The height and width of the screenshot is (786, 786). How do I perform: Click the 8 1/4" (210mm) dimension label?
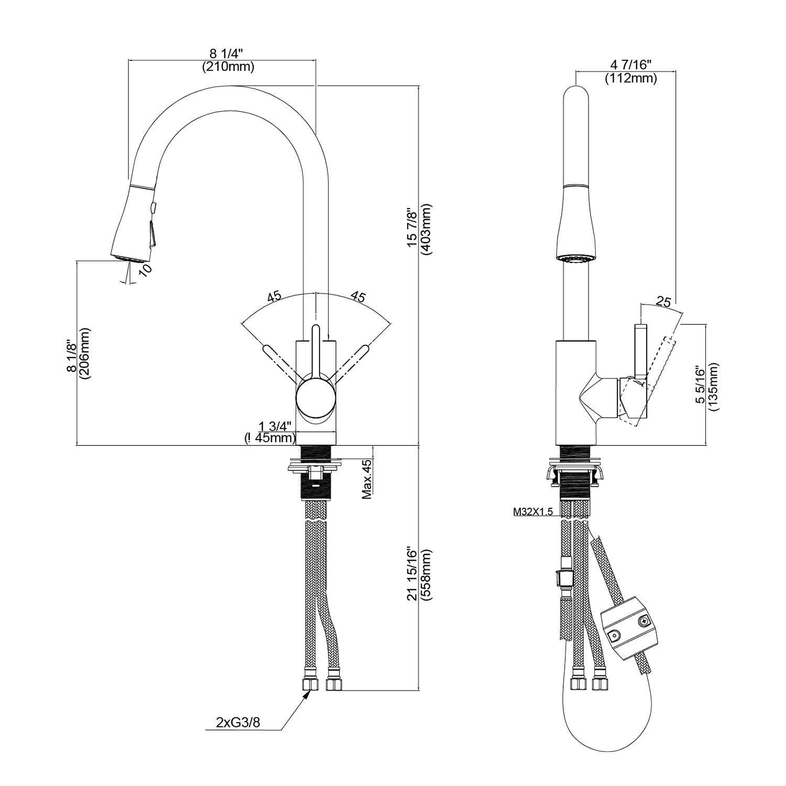coord(228,60)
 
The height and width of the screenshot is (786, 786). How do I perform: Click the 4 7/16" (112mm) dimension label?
coord(631,72)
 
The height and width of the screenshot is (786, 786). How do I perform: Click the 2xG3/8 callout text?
coord(238,722)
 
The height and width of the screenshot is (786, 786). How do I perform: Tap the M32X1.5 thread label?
coord(533,512)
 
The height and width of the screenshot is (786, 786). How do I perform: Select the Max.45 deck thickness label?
coord(366,478)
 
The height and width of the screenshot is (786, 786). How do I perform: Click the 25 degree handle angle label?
coord(663,301)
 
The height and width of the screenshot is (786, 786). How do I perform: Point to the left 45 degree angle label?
coord(274,296)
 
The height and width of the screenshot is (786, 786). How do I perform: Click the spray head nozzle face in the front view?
coord(133,258)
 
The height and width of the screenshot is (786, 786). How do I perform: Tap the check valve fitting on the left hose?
coord(561,576)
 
